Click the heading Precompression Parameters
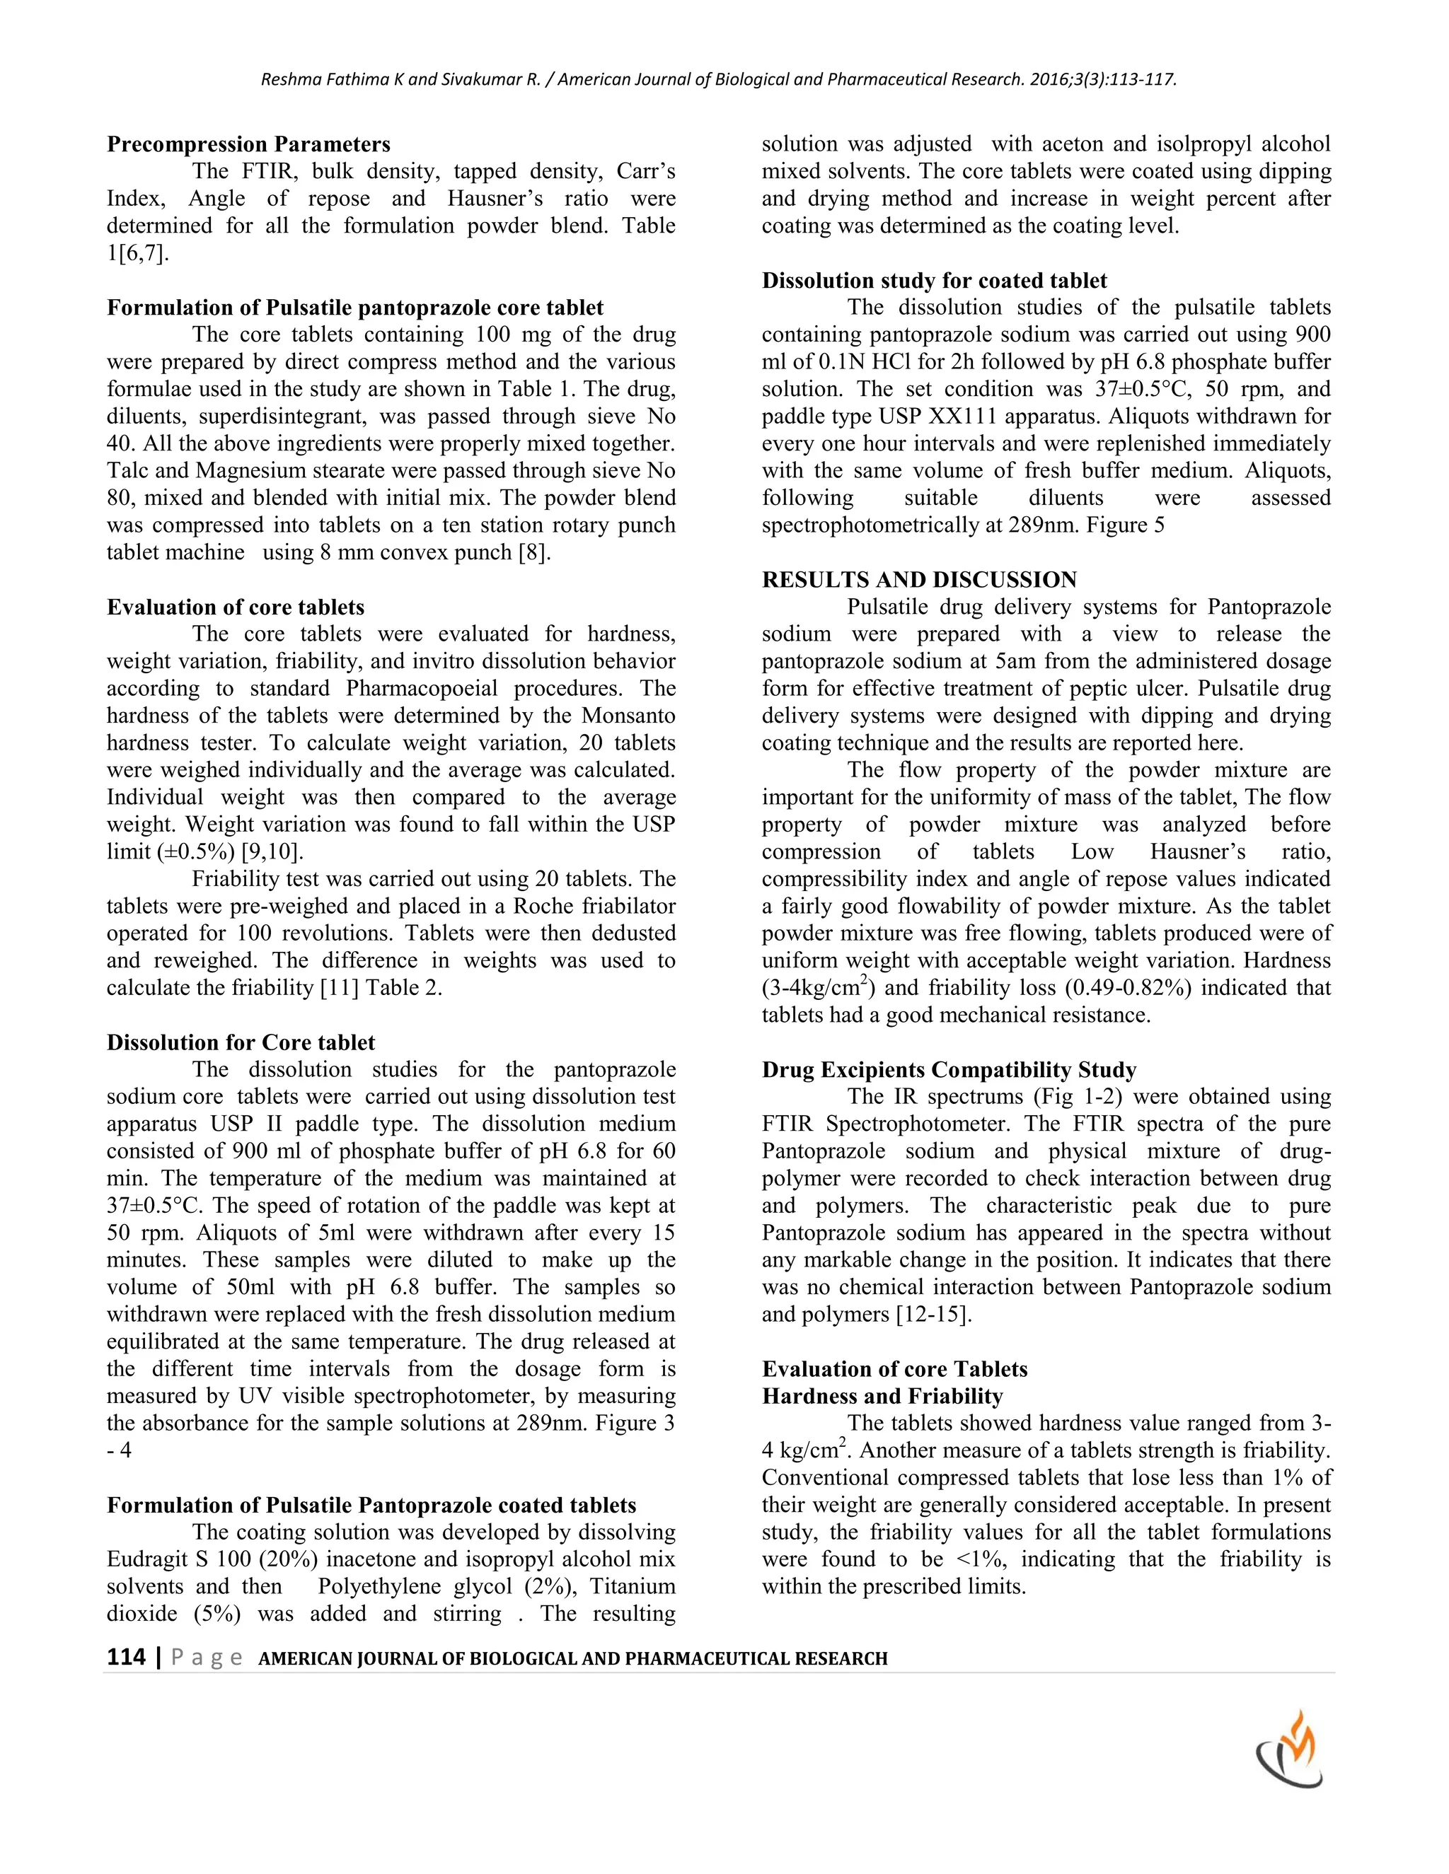tap(249, 144)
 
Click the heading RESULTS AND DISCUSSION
tap(919, 580)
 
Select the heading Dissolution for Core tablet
tap(241, 1042)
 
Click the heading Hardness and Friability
tap(882, 1397)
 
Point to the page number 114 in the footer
tap(125, 1657)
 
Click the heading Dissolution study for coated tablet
tap(935, 281)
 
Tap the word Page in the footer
tap(206, 1657)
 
